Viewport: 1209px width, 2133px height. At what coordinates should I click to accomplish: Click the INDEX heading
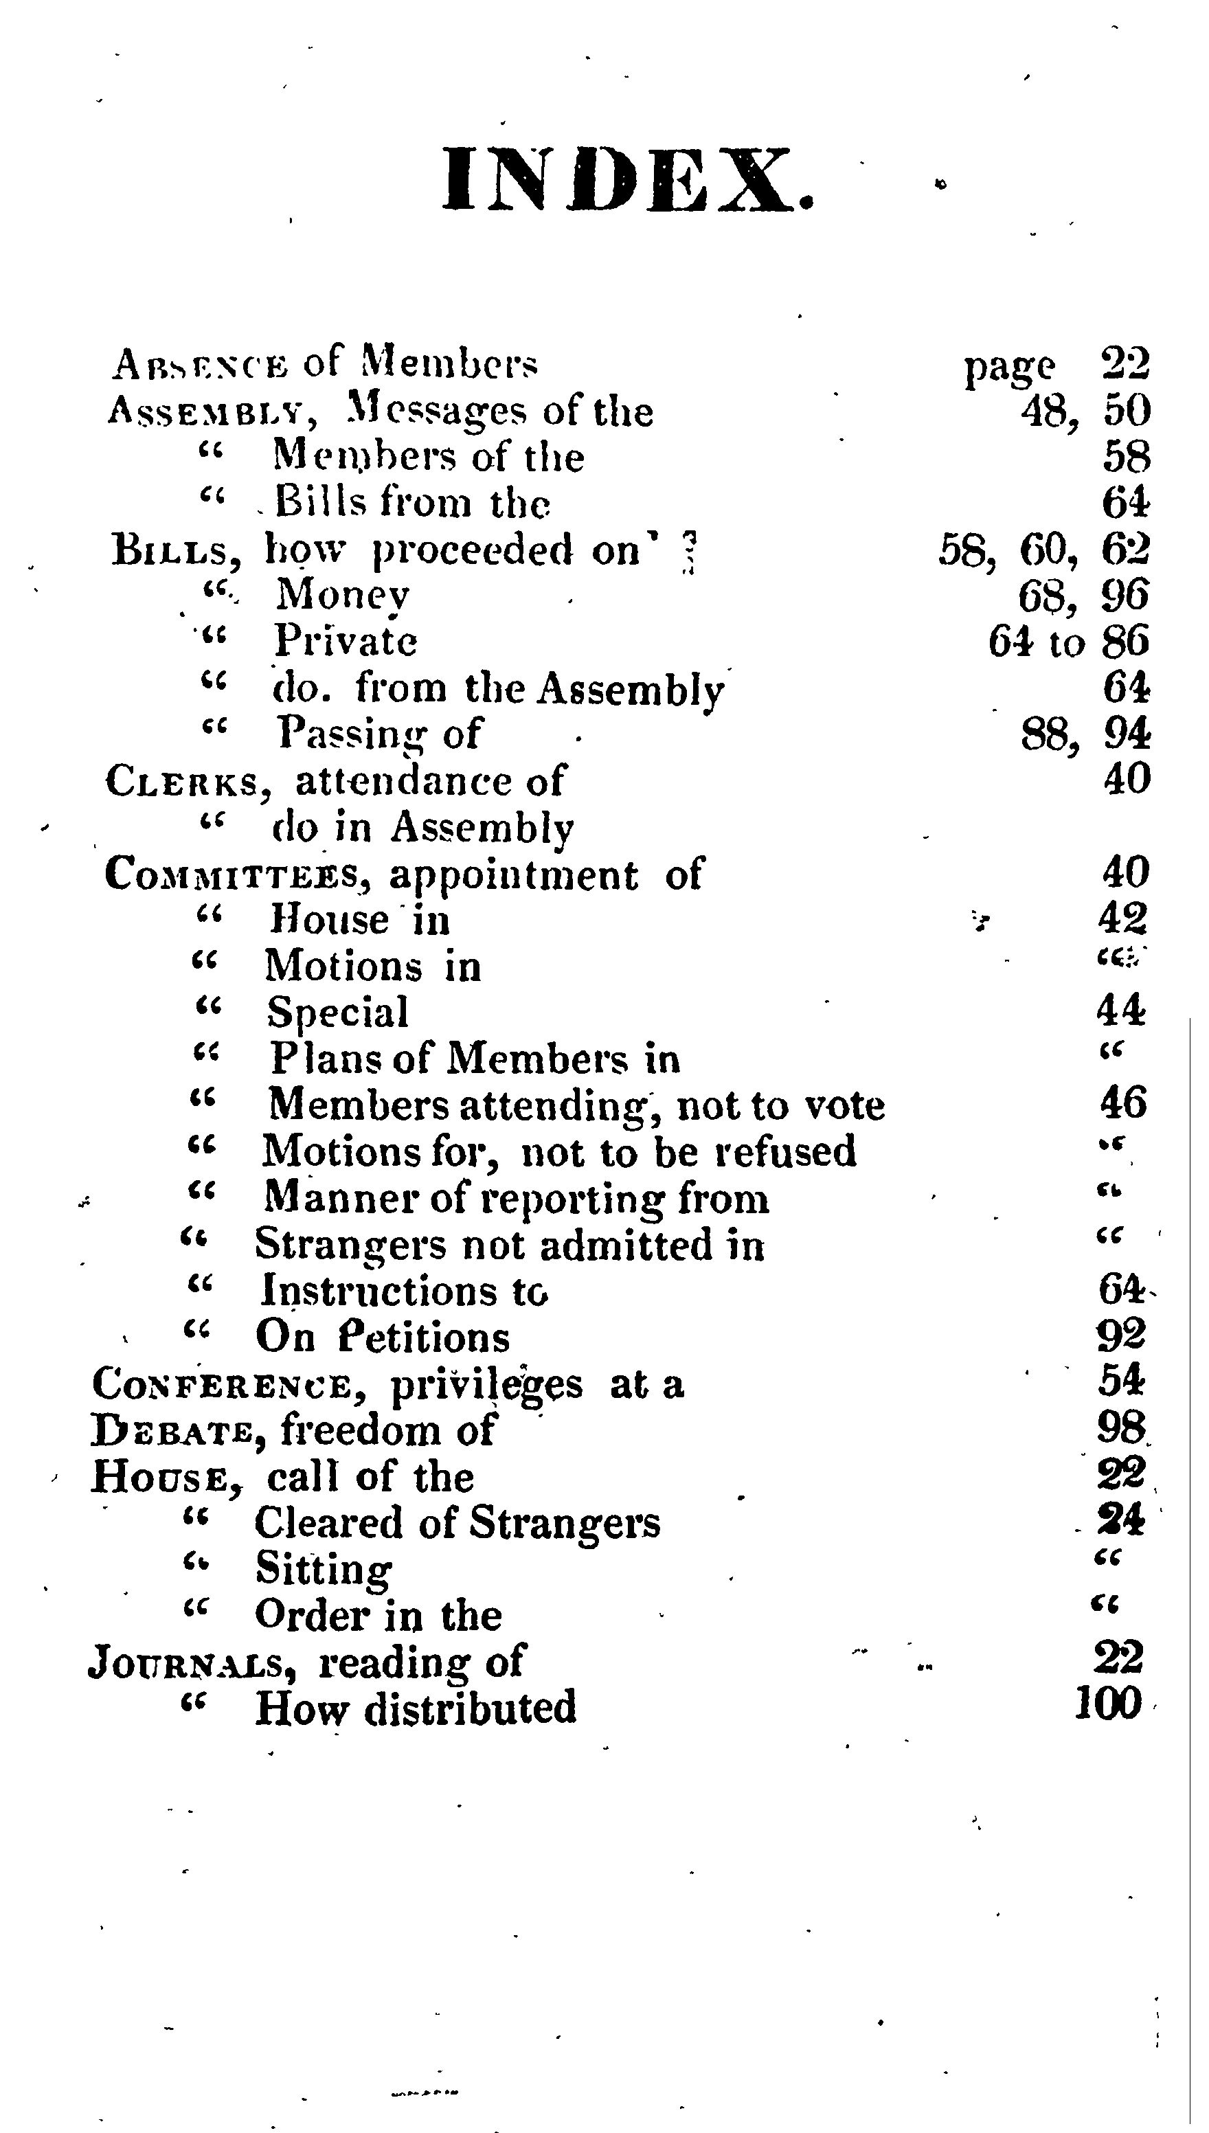628,180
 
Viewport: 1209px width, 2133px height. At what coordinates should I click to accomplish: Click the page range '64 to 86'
1069,642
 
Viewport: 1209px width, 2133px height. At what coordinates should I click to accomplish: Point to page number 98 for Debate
1121,1428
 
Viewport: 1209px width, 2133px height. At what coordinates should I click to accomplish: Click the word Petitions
425,1338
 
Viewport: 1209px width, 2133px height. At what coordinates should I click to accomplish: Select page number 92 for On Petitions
1121,1335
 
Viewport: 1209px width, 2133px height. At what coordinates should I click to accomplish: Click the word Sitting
323,1569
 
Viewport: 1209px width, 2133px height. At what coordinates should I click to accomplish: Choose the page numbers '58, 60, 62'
1043,550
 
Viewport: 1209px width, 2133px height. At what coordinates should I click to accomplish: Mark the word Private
346,641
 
